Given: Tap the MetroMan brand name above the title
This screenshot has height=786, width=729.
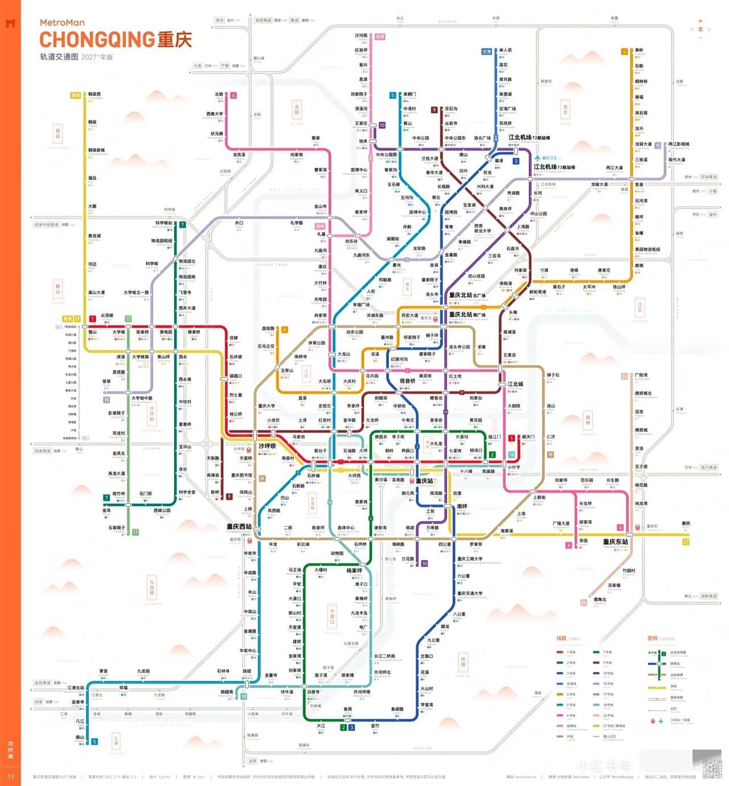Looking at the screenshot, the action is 62,23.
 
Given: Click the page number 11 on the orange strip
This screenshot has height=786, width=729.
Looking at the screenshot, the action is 10,776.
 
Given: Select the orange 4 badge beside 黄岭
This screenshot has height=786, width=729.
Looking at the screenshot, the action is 625,51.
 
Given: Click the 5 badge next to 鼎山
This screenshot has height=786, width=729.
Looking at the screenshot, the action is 95,741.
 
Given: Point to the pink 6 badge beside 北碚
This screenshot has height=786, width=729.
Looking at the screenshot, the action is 233,95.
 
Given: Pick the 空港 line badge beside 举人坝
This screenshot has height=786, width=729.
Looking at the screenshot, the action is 486,52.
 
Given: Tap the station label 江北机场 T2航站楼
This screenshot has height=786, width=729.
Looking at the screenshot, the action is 529,138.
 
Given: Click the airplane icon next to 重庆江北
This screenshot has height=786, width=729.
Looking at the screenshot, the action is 536,158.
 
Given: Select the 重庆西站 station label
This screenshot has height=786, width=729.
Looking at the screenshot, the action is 239,527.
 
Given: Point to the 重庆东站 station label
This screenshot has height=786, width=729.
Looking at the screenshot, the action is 615,542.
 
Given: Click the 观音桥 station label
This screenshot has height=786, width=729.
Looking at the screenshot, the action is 408,381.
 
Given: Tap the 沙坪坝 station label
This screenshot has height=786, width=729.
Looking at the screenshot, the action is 267,446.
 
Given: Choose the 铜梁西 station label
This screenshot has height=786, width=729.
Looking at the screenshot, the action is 95,94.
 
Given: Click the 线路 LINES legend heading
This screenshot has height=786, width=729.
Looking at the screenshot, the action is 567,638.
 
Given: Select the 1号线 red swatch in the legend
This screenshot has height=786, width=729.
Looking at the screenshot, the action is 560,653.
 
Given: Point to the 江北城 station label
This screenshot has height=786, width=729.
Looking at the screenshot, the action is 515,384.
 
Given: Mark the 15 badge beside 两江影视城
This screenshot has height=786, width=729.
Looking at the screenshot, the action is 657,146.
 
